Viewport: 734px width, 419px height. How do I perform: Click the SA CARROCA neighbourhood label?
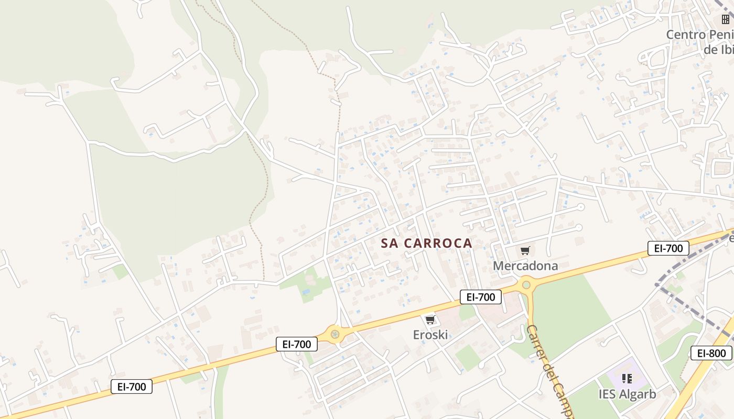pos(426,244)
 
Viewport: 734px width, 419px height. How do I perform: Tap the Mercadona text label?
pos(525,266)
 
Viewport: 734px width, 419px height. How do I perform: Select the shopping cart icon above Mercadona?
pos(525,251)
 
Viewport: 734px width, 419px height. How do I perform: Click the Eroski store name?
pos(430,335)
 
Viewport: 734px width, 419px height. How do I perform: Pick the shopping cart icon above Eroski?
pos(430,319)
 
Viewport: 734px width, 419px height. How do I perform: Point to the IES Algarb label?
pos(627,394)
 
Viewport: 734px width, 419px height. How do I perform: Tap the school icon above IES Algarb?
pos(627,378)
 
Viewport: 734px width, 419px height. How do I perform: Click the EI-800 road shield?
pos(711,353)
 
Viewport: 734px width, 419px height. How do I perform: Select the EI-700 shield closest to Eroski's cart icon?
pos(481,297)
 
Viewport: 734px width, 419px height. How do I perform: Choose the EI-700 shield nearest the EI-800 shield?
pos(668,248)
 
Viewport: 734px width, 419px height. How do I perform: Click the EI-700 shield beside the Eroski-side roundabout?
pos(297,344)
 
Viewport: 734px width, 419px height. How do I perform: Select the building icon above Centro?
pos(726,20)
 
